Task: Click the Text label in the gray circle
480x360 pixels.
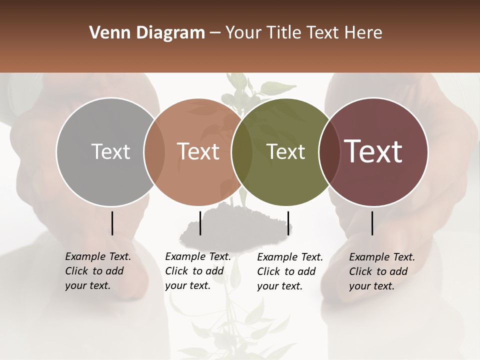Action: coord(110,151)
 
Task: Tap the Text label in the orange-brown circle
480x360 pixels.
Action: coord(198,151)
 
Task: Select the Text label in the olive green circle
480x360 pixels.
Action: coord(285,151)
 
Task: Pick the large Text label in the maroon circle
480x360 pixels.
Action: coord(373,151)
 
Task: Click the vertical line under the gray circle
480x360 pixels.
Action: coord(112,223)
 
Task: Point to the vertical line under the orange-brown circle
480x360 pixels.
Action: coord(200,223)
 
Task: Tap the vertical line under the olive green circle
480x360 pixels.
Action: coord(288,223)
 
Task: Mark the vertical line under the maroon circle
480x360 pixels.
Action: coord(372,223)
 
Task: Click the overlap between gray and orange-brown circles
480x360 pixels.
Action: coord(154,152)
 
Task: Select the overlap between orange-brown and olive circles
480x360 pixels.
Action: coord(242,152)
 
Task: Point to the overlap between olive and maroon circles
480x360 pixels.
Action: coord(329,152)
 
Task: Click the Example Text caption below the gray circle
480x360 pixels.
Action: coord(97,271)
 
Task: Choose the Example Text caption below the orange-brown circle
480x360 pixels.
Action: coord(197,271)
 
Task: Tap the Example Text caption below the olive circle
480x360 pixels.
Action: coord(289,271)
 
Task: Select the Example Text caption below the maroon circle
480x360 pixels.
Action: coord(381,271)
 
